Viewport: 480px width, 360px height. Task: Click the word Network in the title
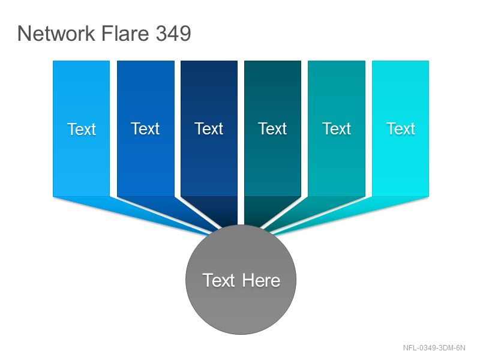[56, 33]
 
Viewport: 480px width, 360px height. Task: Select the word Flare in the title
[125, 33]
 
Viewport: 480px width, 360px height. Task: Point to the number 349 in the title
[173, 33]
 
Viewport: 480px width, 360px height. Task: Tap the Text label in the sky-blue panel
[82, 129]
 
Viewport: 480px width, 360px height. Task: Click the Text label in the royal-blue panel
[145, 128]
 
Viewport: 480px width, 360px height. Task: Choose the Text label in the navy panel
[209, 128]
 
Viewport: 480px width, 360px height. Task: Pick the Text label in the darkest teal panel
[272, 128]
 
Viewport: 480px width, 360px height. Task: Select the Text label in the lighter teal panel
[337, 128]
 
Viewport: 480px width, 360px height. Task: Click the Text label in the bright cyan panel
[400, 128]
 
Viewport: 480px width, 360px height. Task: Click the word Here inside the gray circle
[261, 280]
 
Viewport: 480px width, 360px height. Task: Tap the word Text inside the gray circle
[218, 280]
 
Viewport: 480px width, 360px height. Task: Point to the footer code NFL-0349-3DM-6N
[434, 348]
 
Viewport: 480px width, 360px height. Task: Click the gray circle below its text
[241, 309]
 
